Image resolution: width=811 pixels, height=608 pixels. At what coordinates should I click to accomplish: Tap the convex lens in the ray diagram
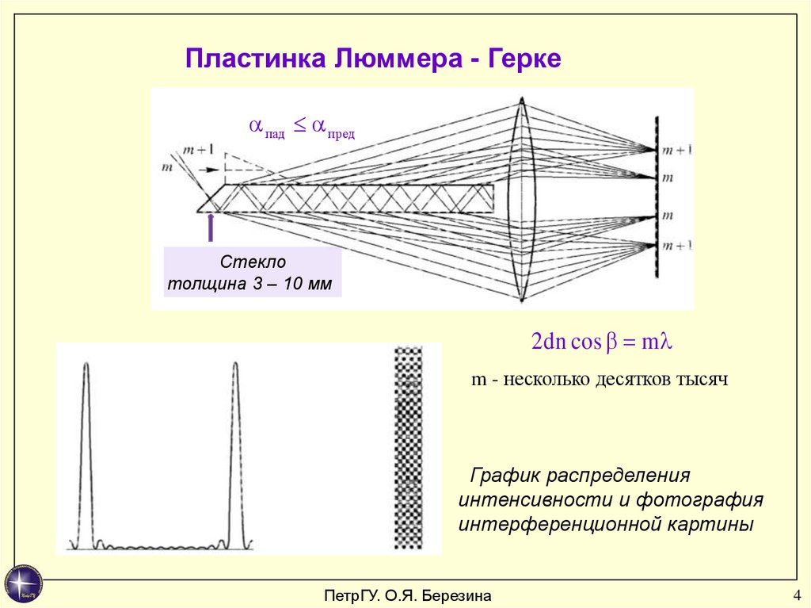click(522, 198)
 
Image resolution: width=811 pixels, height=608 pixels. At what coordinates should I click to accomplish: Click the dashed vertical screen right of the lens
click(656, 198)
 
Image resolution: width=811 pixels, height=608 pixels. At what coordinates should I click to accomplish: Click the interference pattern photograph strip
click(409, 448)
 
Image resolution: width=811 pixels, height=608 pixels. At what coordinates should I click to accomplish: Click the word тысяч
click(701, 380)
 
